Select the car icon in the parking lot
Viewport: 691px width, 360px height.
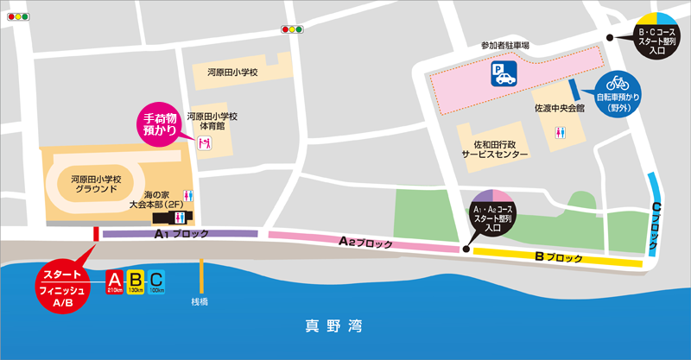[503, 79]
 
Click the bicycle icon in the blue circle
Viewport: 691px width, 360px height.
[617, 83]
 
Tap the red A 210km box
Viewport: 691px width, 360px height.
[115, 281]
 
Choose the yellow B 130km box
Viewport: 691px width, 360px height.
[136, 281]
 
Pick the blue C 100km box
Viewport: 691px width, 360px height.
[156, 281]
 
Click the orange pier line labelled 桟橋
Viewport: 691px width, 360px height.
[202, 276]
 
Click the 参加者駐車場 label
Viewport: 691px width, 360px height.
[505, 45]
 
